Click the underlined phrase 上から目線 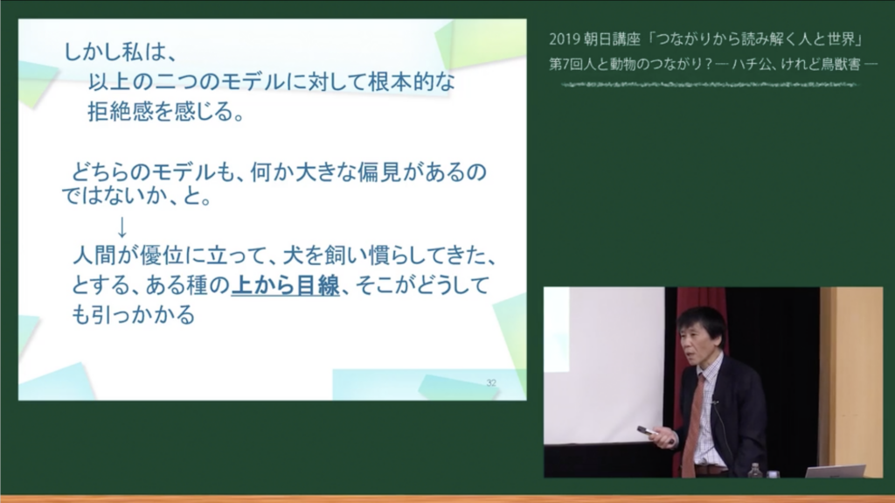[x=286, y=284]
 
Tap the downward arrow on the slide [x=121, y=227]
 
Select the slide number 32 [x=491, y=382]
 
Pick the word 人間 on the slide [x=95, y=255]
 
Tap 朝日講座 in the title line [x=612, y=38]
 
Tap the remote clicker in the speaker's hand [x=648, y=431]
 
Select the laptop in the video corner [x=836, y=471]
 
